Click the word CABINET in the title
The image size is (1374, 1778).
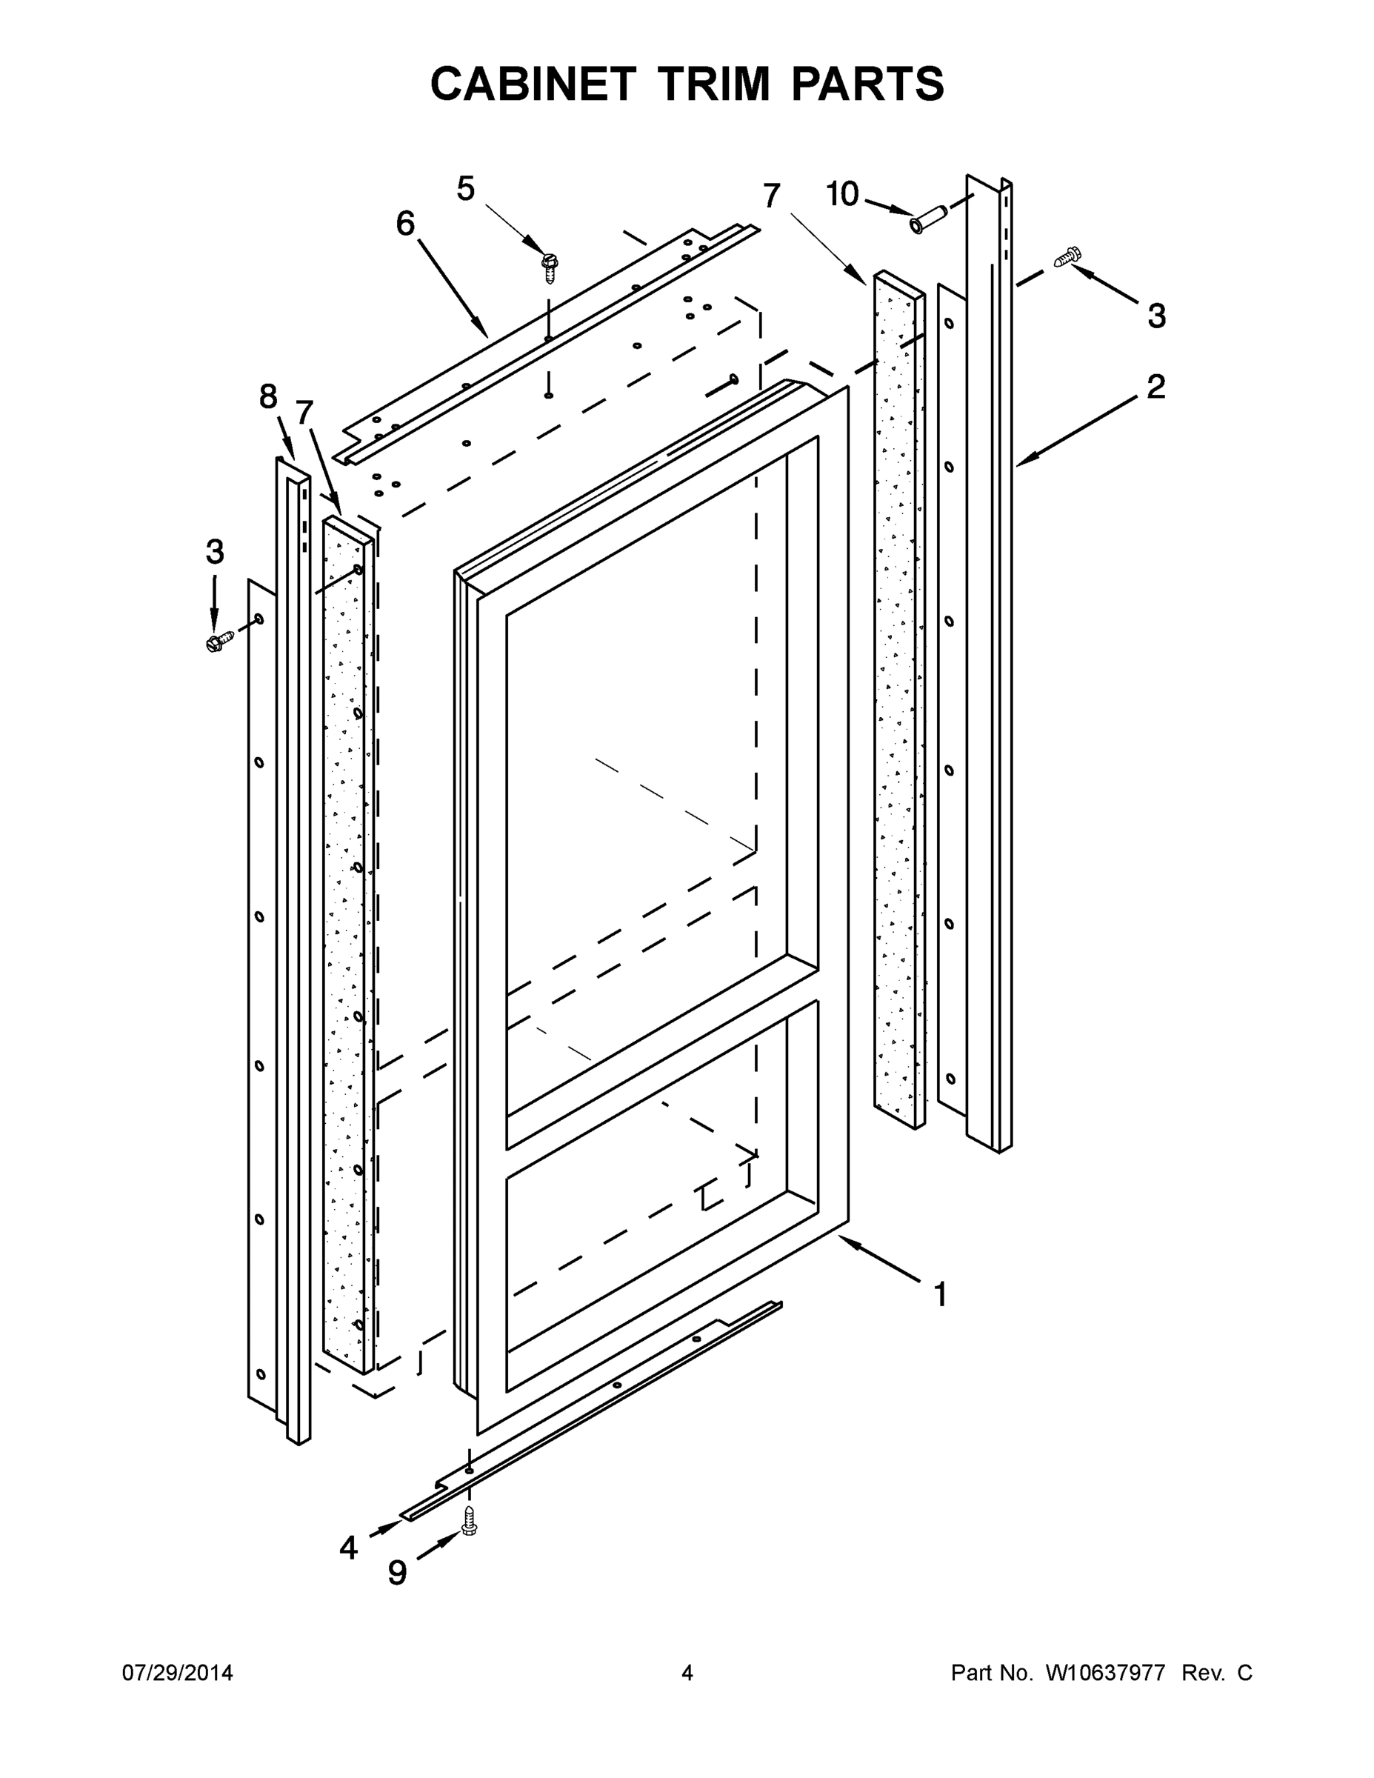(533, 84)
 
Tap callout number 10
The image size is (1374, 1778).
(842, 195)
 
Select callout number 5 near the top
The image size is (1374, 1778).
(466, 189)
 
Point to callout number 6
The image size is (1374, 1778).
(405, 223)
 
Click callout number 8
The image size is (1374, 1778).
(269, 396)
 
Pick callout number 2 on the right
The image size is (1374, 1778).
(1155, 387)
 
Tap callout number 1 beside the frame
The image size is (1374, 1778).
(940, 1294)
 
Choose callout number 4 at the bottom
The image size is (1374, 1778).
(348, 1548)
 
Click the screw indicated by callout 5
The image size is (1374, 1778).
(550, 266)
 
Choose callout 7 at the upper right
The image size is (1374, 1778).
(771, 196)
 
